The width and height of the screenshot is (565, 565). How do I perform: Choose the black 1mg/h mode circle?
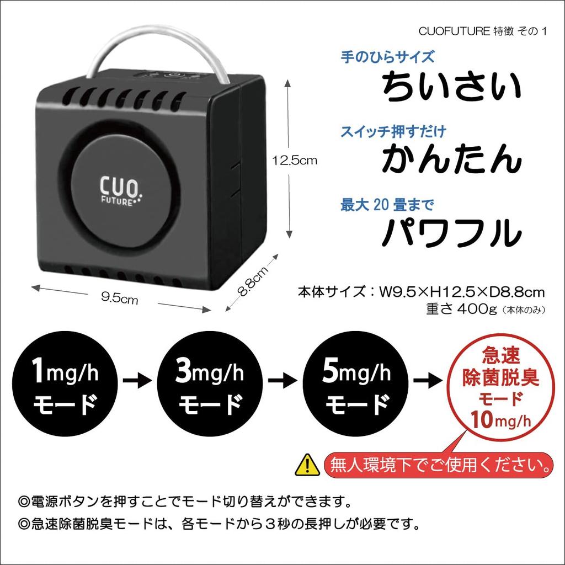[x=65, y=386]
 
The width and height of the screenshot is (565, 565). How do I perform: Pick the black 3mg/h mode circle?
[x=209, y=386]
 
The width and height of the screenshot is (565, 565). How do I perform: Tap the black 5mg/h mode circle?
[x=356, y=386]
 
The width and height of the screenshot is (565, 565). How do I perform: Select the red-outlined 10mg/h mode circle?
[x=500, y=386]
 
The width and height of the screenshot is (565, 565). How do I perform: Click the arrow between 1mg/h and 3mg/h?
[x=137, y=380]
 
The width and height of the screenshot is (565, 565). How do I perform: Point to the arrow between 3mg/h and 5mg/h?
[x=282, y=380]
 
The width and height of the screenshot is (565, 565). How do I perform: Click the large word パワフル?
[x=452, y=232]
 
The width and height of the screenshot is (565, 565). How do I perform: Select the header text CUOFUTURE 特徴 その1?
[x=482, y=31]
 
